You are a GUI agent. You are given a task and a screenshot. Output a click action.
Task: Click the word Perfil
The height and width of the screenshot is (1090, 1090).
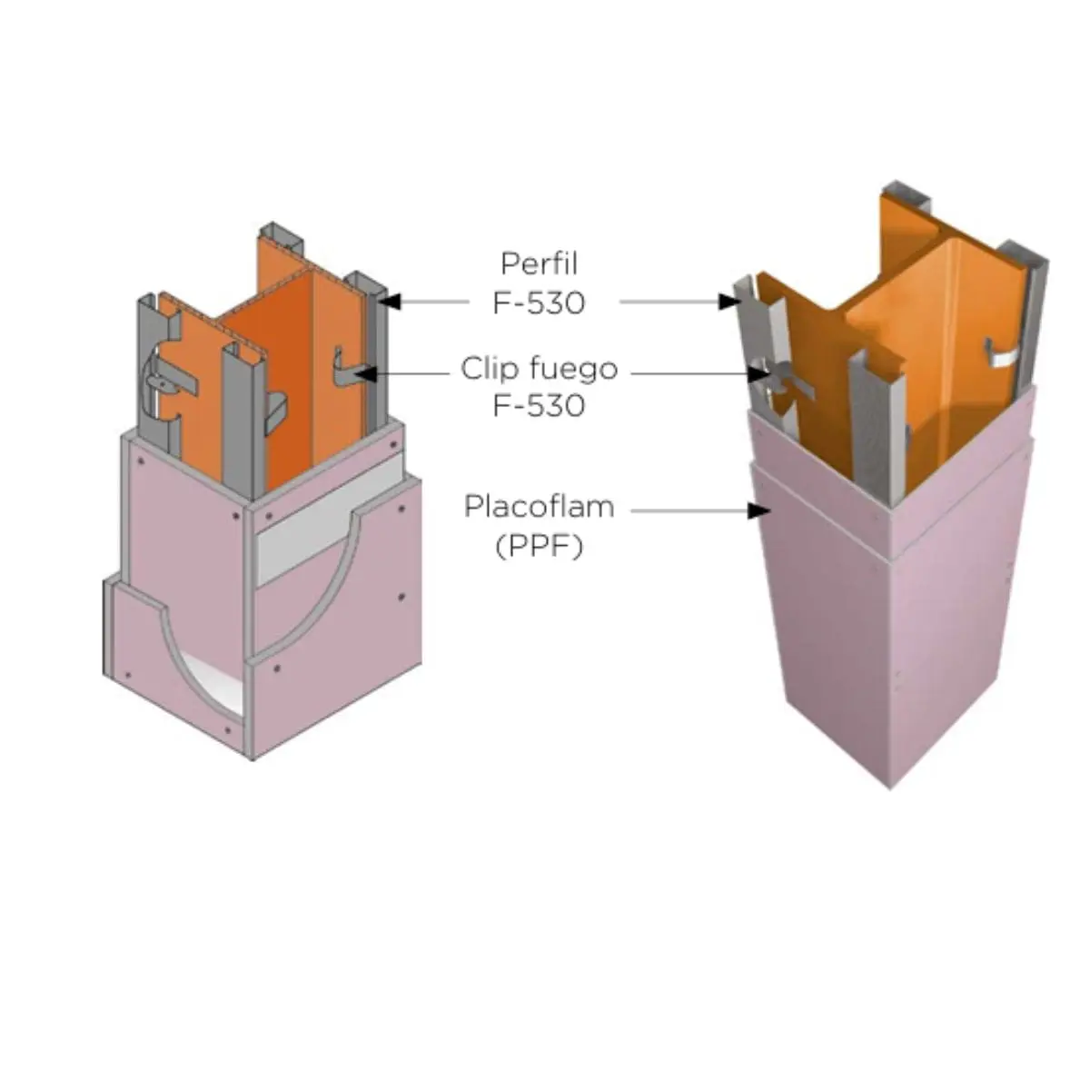coord(539,263)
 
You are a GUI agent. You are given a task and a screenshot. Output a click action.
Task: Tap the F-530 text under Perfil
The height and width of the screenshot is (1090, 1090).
coord(539,302)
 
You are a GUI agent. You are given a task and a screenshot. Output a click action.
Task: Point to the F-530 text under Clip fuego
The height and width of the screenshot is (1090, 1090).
coord(539,405)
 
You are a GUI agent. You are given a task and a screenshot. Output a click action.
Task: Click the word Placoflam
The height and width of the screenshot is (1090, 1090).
coord(539,506)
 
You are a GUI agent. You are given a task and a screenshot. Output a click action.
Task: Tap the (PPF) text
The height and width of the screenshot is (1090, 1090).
coord(539,547)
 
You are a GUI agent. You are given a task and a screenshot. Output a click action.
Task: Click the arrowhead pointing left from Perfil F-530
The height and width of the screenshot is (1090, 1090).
coord(391,302)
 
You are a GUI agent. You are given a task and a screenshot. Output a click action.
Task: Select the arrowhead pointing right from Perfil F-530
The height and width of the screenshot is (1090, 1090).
coord(729,302)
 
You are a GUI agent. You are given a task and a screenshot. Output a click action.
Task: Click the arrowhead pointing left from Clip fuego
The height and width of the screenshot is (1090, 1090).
coord(365,373)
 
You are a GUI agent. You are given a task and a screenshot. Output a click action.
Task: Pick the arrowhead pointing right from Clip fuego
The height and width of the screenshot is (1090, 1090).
coord(758,373)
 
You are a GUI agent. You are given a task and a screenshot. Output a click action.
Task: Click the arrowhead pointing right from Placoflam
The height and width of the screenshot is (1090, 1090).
coord(758,510)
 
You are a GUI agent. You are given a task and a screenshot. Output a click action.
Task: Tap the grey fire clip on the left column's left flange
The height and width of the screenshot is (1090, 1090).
coord(164,384)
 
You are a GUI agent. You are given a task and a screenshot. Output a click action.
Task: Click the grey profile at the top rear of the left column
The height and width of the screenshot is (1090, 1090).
coord(281,238)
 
